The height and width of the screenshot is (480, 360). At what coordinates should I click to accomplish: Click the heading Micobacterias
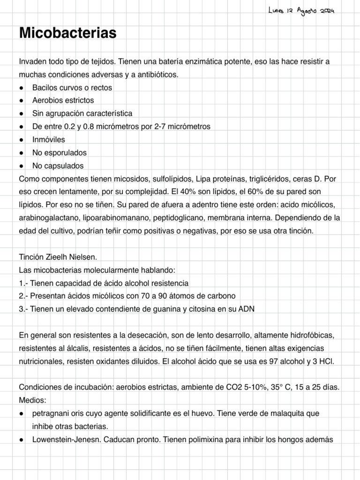[x=67, y=33]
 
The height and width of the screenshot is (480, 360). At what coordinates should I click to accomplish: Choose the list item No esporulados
[x=59, y=153]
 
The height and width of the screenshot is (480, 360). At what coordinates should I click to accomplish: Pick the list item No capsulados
[x=58, y=166]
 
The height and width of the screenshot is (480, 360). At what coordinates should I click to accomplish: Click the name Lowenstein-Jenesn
[x=62, y=440]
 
